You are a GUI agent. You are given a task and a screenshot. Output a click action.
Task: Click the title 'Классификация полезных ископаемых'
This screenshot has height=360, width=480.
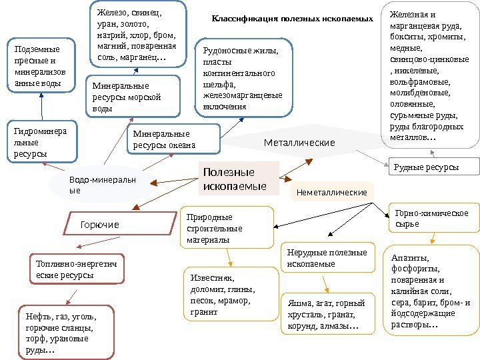tap(292, 19)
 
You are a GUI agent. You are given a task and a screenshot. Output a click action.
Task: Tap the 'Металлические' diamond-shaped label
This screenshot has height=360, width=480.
tap(299, 143)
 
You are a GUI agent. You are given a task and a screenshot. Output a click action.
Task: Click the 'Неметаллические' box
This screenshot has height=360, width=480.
tap(332, 192)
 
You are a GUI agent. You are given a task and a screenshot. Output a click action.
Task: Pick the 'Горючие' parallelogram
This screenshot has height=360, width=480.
tap(100, 225)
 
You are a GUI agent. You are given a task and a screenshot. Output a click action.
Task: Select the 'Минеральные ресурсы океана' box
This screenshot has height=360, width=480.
tap(173, 139)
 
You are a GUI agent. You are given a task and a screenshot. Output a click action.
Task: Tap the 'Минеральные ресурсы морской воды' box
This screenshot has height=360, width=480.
tap(134, 97)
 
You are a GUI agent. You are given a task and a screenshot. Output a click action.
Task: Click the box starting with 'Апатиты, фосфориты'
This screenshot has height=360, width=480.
tap(433, 291)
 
